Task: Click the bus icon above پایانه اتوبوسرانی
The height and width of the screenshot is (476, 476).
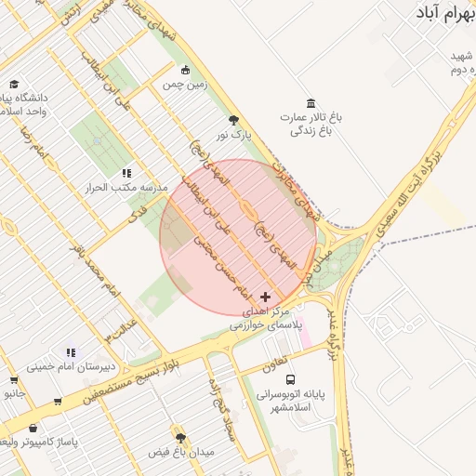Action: [x=291, y=380]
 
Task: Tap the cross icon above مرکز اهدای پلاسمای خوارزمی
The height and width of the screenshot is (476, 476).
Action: [x=265, y=296]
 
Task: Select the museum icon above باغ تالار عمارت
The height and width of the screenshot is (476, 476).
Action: [x=311, y=103]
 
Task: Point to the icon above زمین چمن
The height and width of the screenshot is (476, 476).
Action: [x=185, y=70]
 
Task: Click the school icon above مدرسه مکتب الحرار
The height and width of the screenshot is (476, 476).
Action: [x=126, y=172]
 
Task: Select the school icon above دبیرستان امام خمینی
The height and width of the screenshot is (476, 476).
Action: [x=71, y=351]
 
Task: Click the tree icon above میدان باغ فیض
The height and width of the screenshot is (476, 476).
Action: [x=180, y=437]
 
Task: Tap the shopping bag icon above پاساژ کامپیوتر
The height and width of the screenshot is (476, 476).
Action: [x=34, y=428]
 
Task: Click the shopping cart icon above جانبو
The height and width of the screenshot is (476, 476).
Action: [x=13, y=379]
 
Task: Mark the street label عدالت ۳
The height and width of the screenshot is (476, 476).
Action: [x=123, y=326]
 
